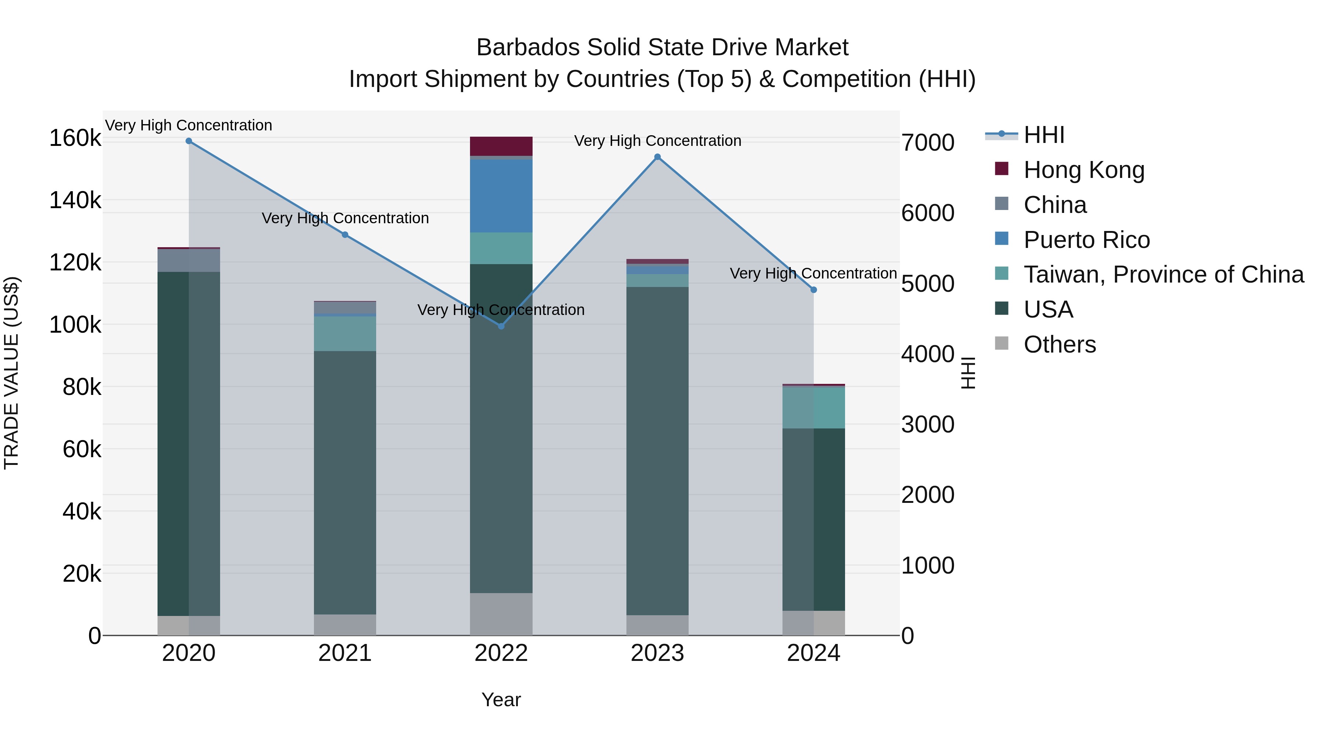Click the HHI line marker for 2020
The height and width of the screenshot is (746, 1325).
pyautogui.click(x=189, y=141)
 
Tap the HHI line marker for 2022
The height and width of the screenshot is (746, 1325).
pyautogui.click(x=502, y=326)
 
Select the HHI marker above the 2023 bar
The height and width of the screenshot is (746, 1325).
pyautogui.click(x=657, y=157)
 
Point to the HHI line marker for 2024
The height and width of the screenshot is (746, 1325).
pyautogui.click(x=814, y=290)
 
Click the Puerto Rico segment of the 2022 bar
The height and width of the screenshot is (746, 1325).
pyautogui.click(x=502, y=196)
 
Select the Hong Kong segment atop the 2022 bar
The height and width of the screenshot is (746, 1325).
pyautogui.click(x=502, y=146)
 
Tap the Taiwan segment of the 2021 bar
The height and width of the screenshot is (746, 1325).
pyautogui.click(x=345, y=334)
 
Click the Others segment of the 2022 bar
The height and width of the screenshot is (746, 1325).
pyautogui.click(x=502, y=614)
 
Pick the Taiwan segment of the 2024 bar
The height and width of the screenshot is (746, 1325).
pyautogui.click(x=814, y=407)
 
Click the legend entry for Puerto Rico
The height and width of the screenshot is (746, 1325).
pyautogui.click(x=1086, y=240)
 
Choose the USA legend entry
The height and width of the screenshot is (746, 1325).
pyautogui.click(x=1048, y=309)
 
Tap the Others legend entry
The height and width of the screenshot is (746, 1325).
pyautogui.click(x=1060, y=344)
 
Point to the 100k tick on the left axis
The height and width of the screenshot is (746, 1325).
pyautogui.click(x=75, y=325)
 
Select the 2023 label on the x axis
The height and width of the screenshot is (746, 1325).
pyautogui.click(x=657, y=653)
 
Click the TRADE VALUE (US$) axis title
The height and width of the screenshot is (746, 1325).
pyautogui.click(x=11, y=373)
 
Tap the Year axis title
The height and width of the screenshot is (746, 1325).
pyautogui.click(x=501, y=700)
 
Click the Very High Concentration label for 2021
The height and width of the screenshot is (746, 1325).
pyautogui.click(x=345, y=218)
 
